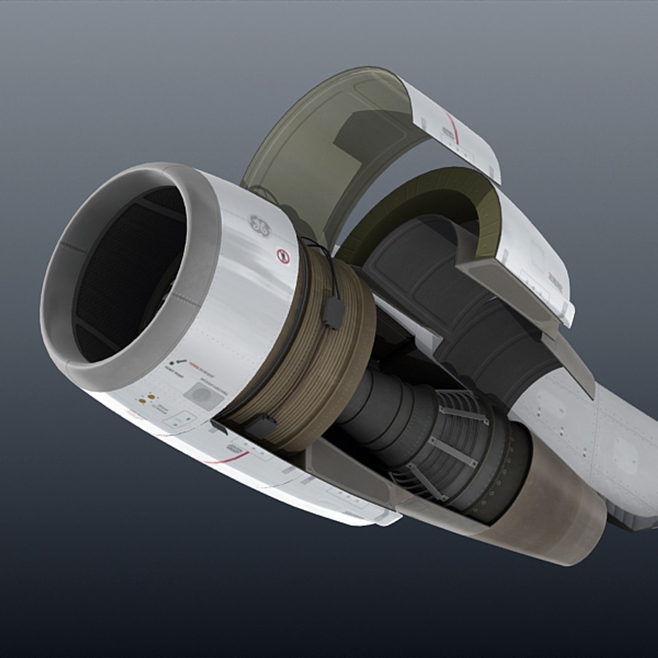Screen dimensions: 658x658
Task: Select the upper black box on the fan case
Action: (333, 312)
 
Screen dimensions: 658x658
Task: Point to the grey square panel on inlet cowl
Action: (203, 395)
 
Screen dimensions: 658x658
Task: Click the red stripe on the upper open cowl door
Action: (451, 128)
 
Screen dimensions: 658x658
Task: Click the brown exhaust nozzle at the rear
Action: (548, 512)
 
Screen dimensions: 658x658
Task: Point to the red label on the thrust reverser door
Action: (554, 279)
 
